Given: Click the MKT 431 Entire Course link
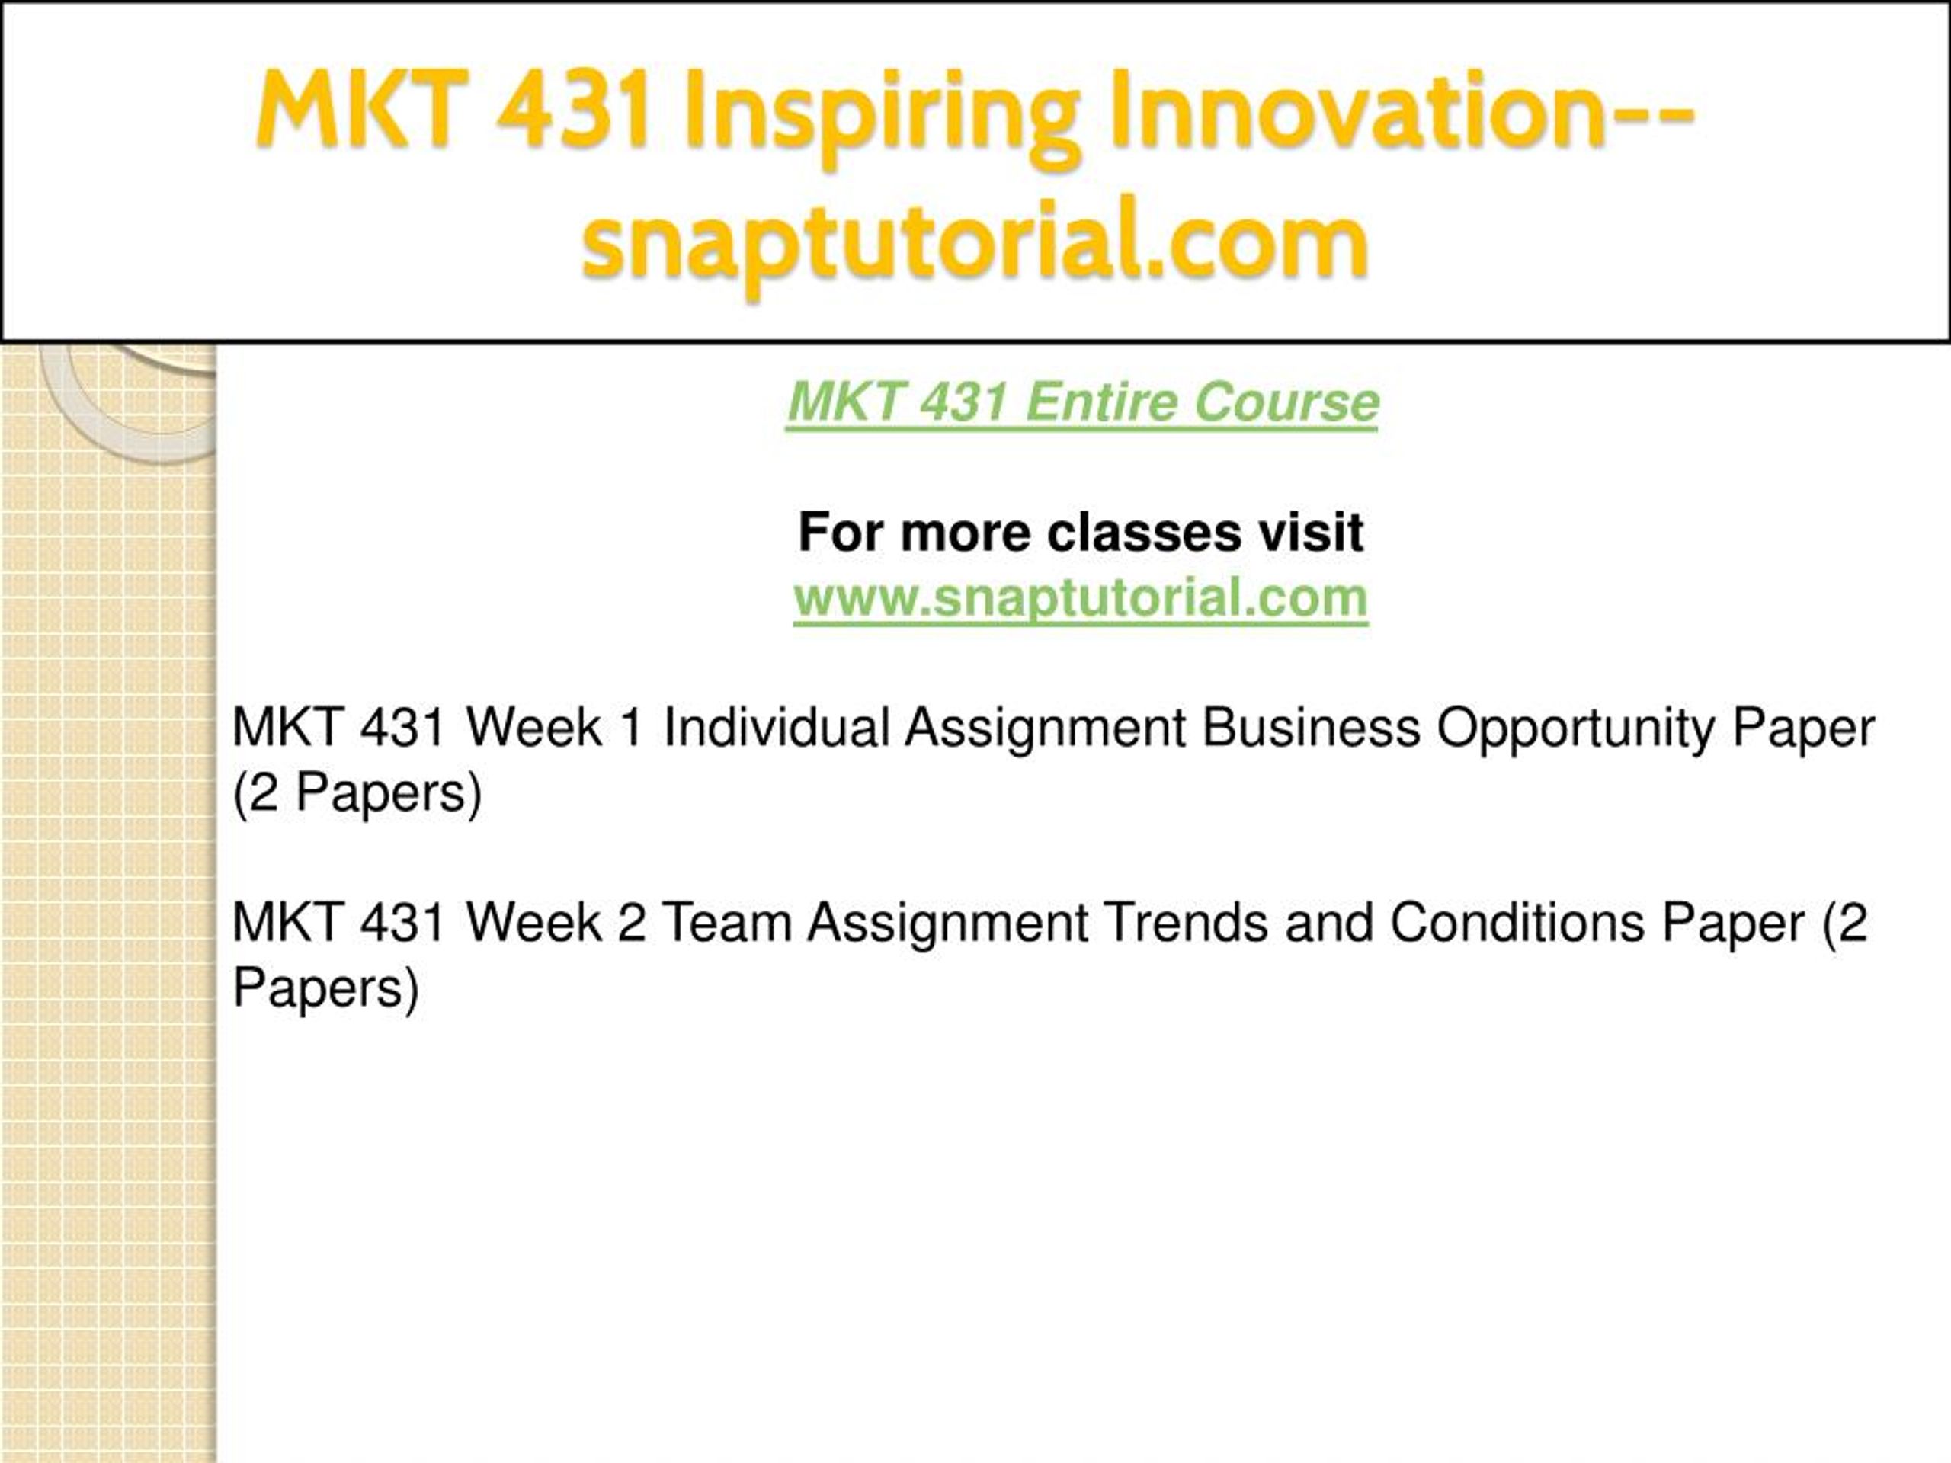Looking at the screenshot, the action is point(1082,403).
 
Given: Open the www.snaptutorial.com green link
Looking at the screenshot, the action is point(1081,599).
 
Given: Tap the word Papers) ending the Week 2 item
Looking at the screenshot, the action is point(325,988).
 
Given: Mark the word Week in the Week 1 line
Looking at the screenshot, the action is point(533,728).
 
